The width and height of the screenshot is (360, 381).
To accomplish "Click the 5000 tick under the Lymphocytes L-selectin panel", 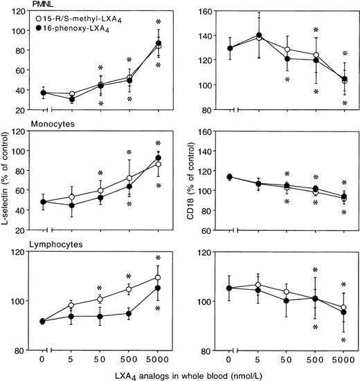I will click(159, 360).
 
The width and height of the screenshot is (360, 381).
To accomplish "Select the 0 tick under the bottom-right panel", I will click(228, 360).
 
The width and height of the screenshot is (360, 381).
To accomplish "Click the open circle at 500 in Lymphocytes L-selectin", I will click(129, 288).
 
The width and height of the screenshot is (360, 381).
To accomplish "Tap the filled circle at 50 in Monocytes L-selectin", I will click(100, 197).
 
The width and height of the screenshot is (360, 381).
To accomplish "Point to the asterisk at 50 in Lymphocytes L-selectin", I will click(100, 288).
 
